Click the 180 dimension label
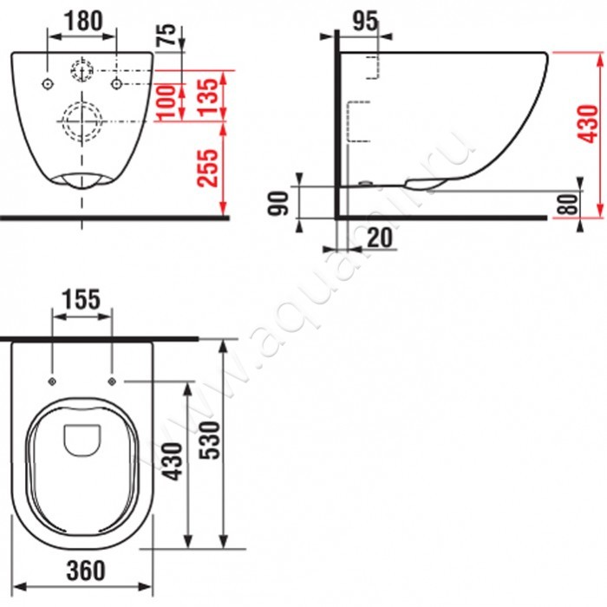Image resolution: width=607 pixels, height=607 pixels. [x=83, y=21]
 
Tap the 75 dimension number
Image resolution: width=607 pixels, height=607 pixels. [x=166, y=35]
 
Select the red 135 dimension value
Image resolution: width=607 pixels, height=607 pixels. [x=208, y=96]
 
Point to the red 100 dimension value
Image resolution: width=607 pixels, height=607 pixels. [x=166, y=102]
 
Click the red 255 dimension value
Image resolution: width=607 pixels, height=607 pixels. [x=208, y=167]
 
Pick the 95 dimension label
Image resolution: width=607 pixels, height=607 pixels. [x=365, y=21]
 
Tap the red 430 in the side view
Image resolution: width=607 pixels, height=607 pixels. [x=588, y=123]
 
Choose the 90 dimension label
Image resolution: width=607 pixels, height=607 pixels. [x=278, y=203]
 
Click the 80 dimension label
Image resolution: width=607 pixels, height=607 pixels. [x=567, y=204]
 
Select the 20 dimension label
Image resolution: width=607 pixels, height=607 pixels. [x=380, y=238]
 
